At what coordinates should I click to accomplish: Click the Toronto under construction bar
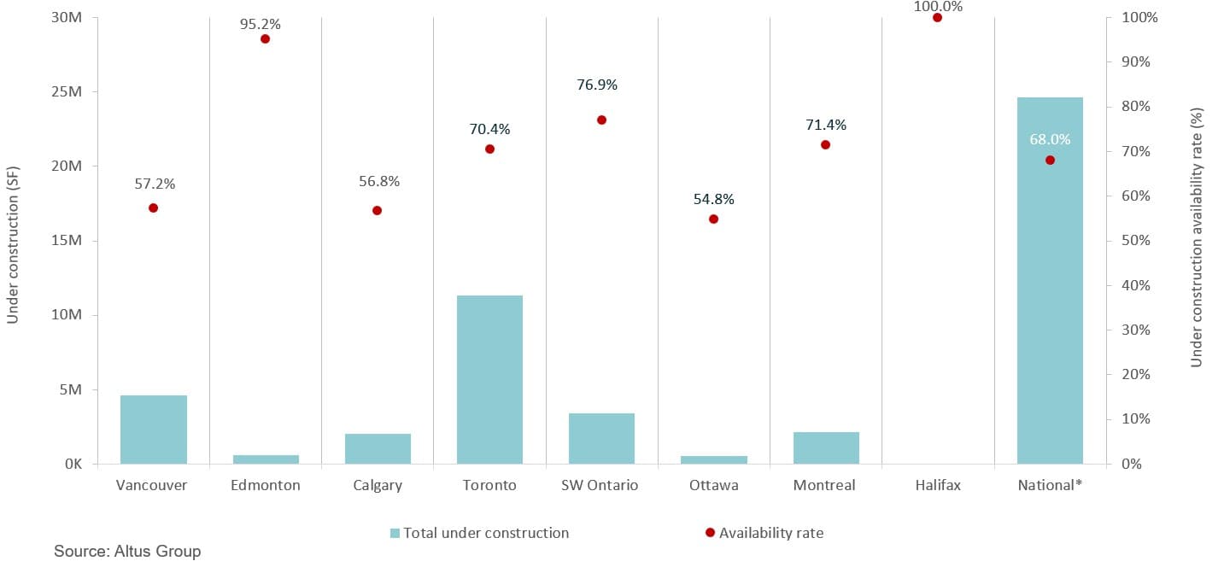point(489,380)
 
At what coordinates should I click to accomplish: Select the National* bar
point(1050,282)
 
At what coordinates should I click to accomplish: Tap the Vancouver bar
point(154,430)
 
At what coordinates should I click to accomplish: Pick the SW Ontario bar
point(601,439)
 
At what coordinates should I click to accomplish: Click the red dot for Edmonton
point(265,38)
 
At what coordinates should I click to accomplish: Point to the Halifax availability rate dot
point(937,17)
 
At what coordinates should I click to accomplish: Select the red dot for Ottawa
point(713,219)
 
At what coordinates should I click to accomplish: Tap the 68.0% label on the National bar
point(1050,139)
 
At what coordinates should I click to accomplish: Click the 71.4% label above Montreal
point(826,125)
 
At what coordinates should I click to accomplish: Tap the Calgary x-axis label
point(377,485)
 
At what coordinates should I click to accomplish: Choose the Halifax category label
point(937,485)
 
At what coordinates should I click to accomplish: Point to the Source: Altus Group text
point(127,551)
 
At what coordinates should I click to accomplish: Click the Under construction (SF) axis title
point(13,241)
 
